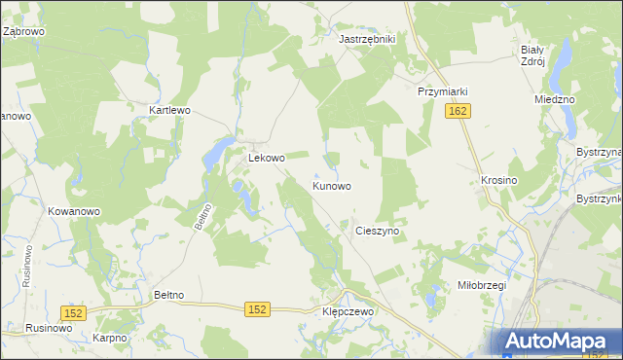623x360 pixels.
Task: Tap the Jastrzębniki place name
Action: coord(366,39)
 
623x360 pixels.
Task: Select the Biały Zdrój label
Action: coord(531,54)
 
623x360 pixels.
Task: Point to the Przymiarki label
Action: coord(443,91)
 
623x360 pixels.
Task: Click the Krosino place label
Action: coord(498,181)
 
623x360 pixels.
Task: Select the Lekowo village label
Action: coord(267,158)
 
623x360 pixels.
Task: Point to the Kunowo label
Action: coord(332,185)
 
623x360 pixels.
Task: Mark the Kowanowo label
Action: coord(74,211)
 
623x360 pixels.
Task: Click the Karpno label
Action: coord(111,338)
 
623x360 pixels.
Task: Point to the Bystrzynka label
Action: coord(598,198)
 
